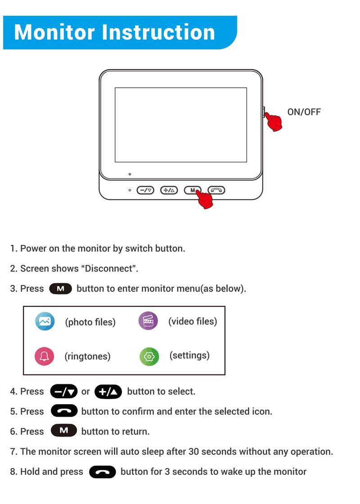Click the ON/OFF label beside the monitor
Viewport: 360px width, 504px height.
(x=304, y=112)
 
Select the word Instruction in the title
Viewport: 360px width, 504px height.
(x=158, y=32)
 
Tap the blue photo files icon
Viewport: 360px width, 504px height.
(x=45, y=321)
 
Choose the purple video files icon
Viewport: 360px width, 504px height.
(x=148, y=321)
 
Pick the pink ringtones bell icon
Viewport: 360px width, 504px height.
(x=44, y=356)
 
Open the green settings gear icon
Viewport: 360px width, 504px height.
(x=149, y=356)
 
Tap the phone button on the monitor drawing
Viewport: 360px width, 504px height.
(x=216, y=190)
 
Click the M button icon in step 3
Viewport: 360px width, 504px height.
(x=60, y=288)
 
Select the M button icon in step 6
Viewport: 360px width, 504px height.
(x=63, y=431)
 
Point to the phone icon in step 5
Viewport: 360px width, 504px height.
(x=64, y=411)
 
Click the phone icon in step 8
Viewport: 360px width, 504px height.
(x=103, y=472)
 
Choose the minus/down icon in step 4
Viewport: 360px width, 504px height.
(x=63, y=391)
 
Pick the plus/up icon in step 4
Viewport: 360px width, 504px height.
(x=108, y=391)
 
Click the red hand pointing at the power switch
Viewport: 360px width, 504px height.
(x=273, y=121)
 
